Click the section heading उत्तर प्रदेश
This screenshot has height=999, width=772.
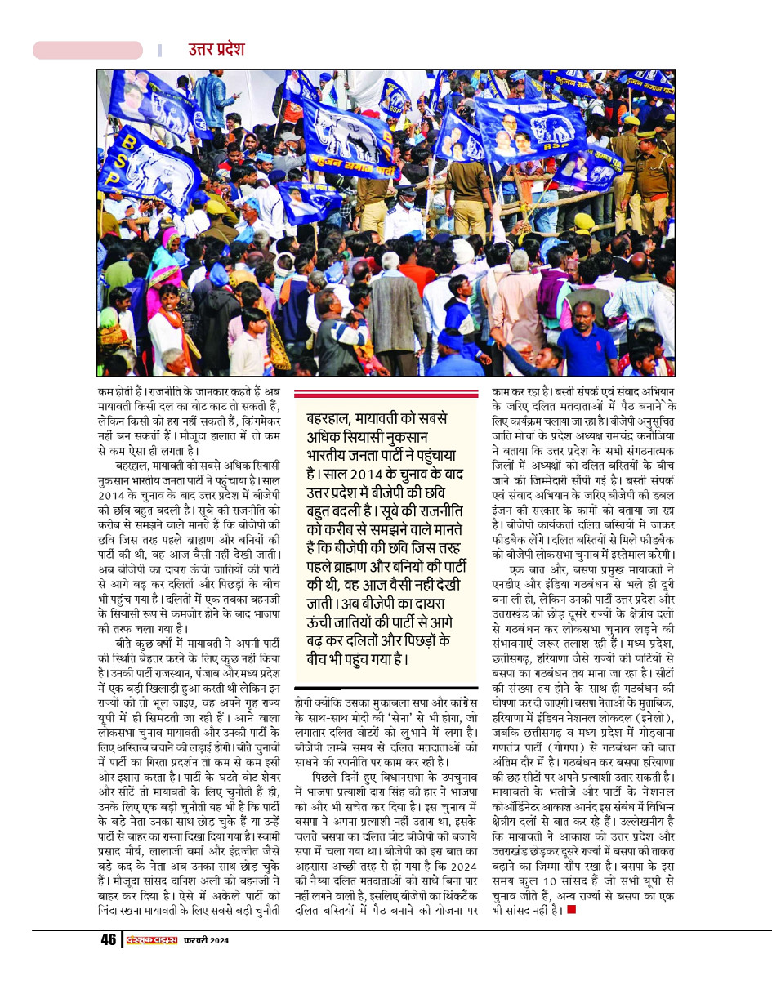click(x=216, y=50)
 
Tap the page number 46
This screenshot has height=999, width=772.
click(x=109, y=940)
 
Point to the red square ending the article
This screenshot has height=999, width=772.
click(x=571, y=909)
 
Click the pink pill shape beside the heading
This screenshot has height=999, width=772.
click(x=87, y=51)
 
